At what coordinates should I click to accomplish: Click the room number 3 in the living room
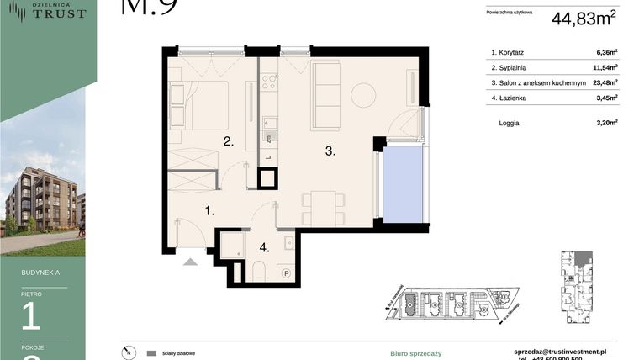[x=330, y=151]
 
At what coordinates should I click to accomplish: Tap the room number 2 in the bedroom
[x=227, y=141]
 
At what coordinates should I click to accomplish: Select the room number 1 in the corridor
[x=209, y=212]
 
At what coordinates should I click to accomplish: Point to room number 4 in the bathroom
[x=264, y=247]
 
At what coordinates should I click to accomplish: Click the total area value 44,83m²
[x=584, y=18]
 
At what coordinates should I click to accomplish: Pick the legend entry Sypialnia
[x=515, y=67]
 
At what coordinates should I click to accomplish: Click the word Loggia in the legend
[x=509, y=123]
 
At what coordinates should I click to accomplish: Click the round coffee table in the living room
[x=363, y=95]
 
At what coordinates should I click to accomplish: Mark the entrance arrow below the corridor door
[x=191, y=262]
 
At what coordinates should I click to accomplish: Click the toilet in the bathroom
[x=259, y=271]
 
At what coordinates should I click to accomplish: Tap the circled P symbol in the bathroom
[x=286, y=273]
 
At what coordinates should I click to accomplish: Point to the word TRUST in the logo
[x=59, y=13]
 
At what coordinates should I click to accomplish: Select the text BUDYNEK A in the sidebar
[x=40, y=273]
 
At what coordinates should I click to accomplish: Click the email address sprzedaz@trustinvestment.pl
[x=560, y=351]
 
